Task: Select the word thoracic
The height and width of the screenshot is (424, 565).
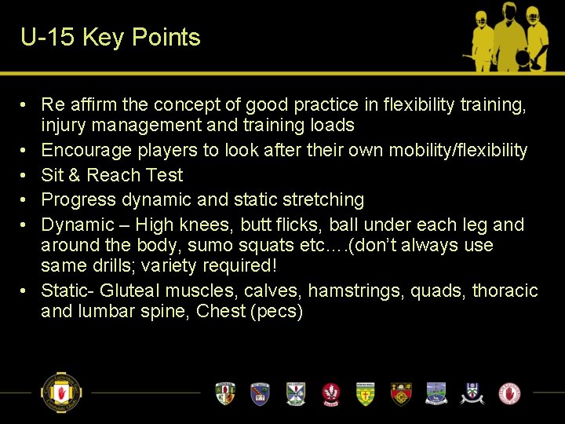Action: click(505, 291)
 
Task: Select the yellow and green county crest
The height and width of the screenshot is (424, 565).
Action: click(366, 393)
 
